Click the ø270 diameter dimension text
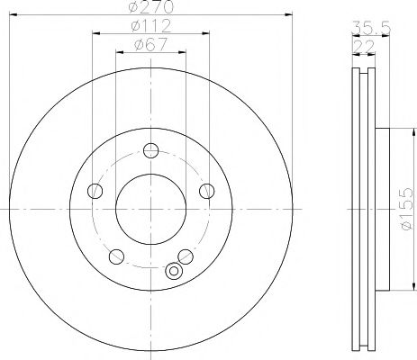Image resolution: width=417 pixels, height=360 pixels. [150, 7]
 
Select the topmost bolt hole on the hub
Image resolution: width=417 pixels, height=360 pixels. [150, 150]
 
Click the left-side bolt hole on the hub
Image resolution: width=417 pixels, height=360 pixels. [95, 190]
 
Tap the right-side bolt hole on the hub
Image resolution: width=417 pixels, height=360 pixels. [206, 190]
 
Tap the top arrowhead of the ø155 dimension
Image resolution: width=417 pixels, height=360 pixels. [396, 130]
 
